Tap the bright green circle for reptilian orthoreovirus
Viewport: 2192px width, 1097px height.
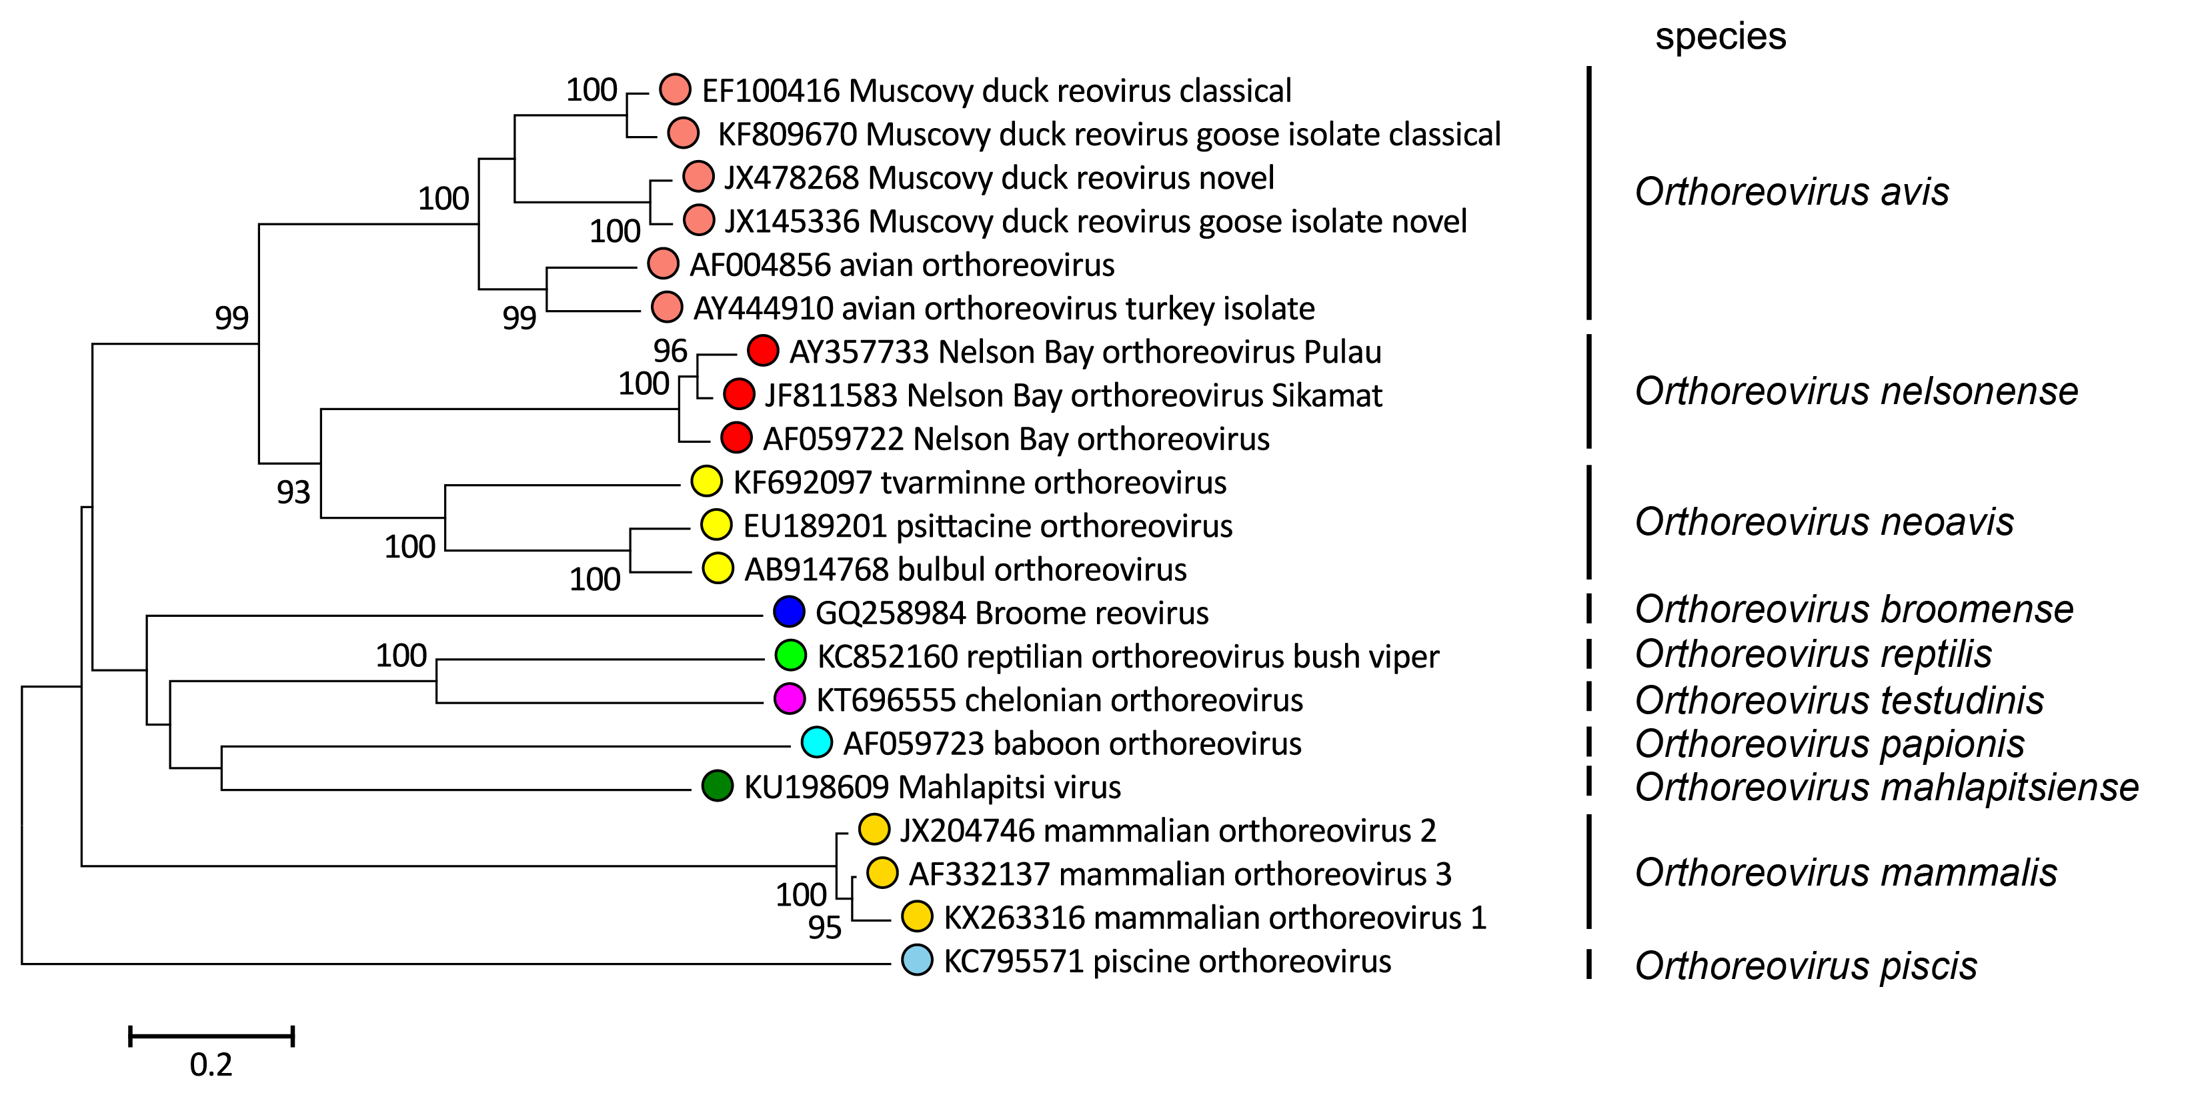[790, 656]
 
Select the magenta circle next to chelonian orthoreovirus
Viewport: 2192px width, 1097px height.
[790, 699]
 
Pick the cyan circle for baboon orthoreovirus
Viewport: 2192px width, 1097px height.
[816, 742]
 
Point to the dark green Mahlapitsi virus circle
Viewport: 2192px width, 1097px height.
[718, 786]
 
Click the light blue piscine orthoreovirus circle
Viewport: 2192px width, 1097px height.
[916, 960]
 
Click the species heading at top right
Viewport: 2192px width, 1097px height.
[1720, 37]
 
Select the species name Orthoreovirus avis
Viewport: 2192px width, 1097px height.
[1791, 191]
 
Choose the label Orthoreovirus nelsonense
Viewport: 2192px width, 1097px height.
[1856, 391]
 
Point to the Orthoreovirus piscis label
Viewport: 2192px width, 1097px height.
[1806, 966]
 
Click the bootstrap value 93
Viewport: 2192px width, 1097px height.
[293, 492]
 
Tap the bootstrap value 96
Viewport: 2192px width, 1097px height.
[670, 351]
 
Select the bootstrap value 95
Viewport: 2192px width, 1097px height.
[824, 927]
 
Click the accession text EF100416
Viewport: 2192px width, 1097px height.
[770, 90]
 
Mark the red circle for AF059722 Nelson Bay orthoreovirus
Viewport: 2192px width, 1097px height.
[736, 437]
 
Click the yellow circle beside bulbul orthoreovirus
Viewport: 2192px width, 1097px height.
[718, 568]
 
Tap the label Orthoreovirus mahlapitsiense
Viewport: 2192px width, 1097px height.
[1887, 787]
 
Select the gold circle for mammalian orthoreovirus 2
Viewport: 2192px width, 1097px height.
[874, 829]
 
